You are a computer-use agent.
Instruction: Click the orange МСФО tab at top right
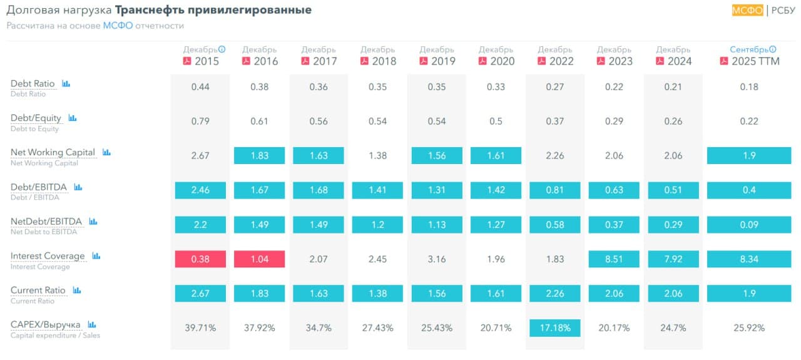tap(747, 10)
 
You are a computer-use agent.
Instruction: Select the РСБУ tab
tap(783, 10)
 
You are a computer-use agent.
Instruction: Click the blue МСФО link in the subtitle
tap(118, 26)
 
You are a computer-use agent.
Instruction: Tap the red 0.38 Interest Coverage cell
tap(200, 259)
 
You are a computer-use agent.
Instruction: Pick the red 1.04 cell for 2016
tap(259, 259)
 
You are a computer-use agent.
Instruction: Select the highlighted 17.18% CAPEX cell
tap(554, 328)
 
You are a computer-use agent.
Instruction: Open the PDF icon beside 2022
tap(541, 61)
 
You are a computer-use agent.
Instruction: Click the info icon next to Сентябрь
tap(773, 49)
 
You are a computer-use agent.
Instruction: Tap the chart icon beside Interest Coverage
tap(96, 255)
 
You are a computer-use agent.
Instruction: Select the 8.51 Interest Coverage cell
tap(614, 259)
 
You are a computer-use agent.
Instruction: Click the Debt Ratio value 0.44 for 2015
tap(200, 87)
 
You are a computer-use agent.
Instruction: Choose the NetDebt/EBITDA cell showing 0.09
tap(749, 225)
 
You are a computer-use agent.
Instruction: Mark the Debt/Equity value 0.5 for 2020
tap(496, 121)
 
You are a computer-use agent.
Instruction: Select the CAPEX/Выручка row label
tap(46, 324)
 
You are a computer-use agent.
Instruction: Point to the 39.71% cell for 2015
tap(200, 328)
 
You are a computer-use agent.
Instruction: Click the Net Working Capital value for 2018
tap(377, 156)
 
